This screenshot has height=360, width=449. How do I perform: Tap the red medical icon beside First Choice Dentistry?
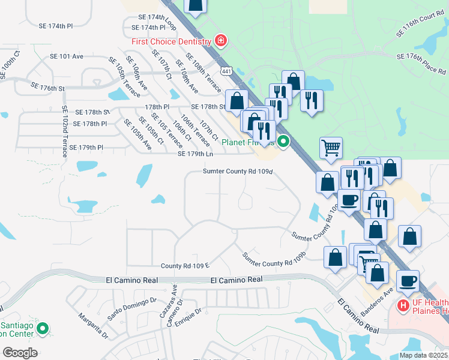(221, 41)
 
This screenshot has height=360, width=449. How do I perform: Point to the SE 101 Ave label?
(67, 56)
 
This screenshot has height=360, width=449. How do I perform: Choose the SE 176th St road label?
(44, 88)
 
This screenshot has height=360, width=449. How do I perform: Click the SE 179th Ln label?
(196, 154)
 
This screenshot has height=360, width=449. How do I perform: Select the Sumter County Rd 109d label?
(238, 171)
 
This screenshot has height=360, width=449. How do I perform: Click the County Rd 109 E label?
(184, 265)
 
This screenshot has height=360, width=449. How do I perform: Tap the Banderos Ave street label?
(376, 299)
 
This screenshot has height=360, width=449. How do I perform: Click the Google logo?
(19, 353)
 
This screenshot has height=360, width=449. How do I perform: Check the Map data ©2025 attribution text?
(423, 355)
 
